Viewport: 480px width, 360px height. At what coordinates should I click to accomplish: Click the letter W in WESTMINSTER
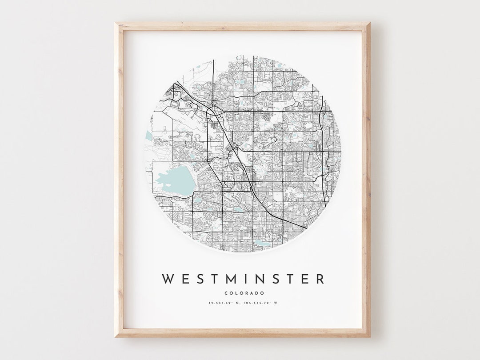pos(168,279)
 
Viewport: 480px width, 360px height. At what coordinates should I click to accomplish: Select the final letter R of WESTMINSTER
pos(320,279)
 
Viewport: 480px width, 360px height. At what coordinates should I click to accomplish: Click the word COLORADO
pos(244,293)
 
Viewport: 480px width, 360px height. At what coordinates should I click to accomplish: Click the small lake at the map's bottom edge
pos(260,243)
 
